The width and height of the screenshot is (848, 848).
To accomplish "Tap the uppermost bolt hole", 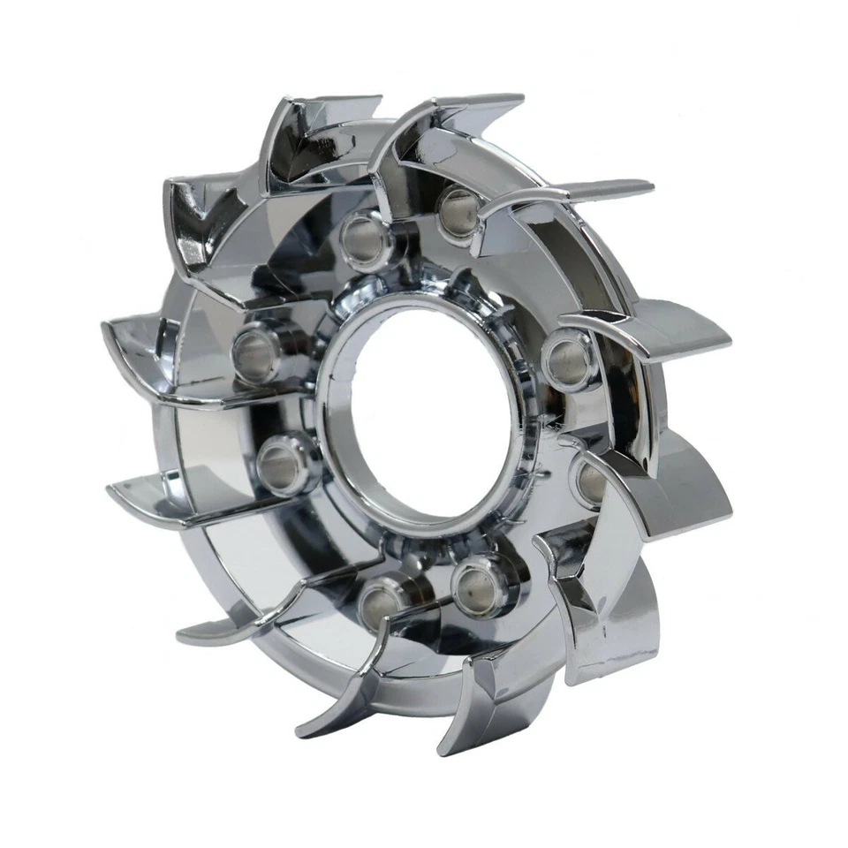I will click(458, 210).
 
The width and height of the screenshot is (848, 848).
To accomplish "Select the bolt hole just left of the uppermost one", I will click(363, 239).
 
